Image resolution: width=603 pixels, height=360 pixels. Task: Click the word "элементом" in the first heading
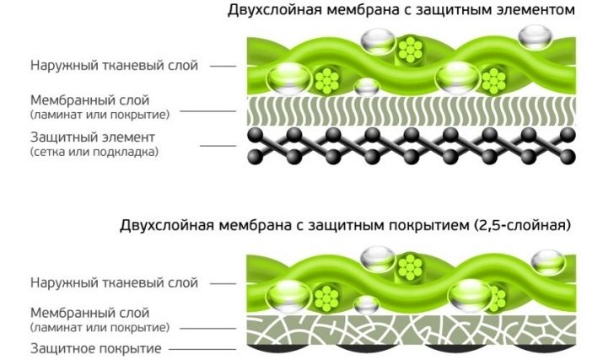(533, 9)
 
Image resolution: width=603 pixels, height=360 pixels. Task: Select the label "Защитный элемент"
(93, 137)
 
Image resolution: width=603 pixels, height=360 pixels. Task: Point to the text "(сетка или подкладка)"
(94, 152)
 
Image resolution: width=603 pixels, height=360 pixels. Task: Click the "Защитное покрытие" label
(96, 349)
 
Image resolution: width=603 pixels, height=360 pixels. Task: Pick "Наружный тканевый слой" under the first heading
(114, 66)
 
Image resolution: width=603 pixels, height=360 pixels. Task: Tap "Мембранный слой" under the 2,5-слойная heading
(89, 313)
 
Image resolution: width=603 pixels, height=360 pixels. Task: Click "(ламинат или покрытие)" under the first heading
(100, 115)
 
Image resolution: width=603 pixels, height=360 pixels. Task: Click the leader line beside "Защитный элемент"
(218, 146)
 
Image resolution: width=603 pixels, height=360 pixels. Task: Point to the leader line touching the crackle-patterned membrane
(208, 329)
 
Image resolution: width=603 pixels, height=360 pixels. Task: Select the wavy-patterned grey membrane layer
(411, 110)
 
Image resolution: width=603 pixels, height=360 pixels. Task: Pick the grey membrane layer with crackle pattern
(411, 330)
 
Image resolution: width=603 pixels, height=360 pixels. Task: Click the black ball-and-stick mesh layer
(411, 146)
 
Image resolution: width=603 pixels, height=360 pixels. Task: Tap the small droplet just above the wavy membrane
(367, 87)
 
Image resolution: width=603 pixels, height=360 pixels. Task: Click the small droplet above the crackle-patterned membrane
(367, 305)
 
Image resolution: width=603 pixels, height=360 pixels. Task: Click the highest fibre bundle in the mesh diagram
(410, 49)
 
